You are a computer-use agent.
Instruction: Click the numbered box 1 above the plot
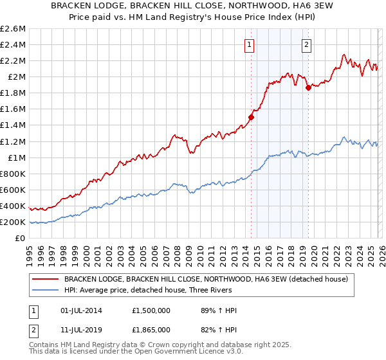(x=249, y=44)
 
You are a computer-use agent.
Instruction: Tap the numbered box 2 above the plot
(x=306, y=44)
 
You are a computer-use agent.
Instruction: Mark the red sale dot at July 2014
(x=251, y=117)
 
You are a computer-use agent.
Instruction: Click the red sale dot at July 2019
(x=308, y=87)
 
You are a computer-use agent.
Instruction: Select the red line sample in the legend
(x=45, y=279)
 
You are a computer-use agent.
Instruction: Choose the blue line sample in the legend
(x=45, y=291)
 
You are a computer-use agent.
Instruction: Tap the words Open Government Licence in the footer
(x=181, y=352)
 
